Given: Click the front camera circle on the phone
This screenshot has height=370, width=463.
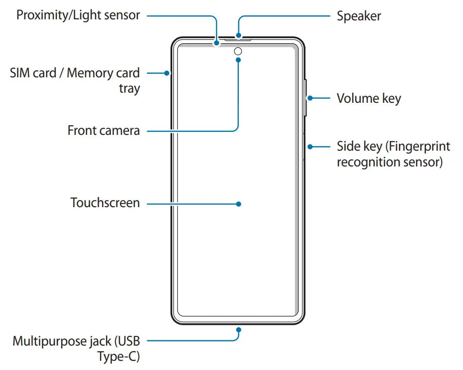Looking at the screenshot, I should click(238, 51).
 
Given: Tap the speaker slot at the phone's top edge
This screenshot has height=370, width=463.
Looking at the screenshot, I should click(238, 38).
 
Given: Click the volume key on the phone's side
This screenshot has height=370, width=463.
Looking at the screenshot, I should click(305, 98).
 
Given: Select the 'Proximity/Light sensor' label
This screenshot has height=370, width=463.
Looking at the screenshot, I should click(78, 15).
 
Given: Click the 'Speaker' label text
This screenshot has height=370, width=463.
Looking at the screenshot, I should click(359, 16).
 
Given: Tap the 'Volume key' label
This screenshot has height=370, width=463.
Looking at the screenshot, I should click(368, 99).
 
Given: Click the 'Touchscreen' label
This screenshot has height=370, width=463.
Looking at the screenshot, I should click(105, 203).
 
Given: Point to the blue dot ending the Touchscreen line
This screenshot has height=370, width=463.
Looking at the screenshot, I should click(238, 204).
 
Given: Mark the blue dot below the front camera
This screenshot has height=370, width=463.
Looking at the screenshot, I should click(238, 59).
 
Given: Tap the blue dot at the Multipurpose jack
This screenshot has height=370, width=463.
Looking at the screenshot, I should click(238, 330).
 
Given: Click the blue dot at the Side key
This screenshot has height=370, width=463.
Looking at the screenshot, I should click(310, 147).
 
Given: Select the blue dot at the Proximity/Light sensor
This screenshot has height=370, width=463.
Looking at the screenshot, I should click(217, 43).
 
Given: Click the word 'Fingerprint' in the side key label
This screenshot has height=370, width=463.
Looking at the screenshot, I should click(417, 147).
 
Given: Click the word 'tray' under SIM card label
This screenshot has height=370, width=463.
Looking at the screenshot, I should click(129, 89).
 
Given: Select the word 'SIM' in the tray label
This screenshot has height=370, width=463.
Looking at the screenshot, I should click(21, 73).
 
